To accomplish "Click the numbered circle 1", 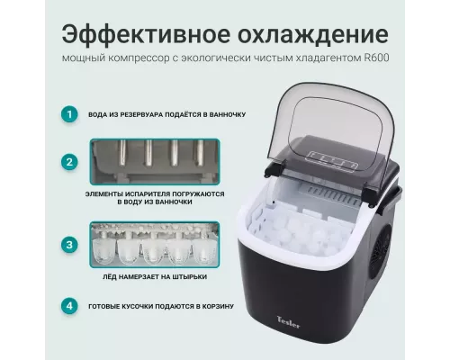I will [x=67, y=114].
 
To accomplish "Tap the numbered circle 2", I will [x=67, y=162].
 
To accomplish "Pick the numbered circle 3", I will [x=67, y=244].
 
